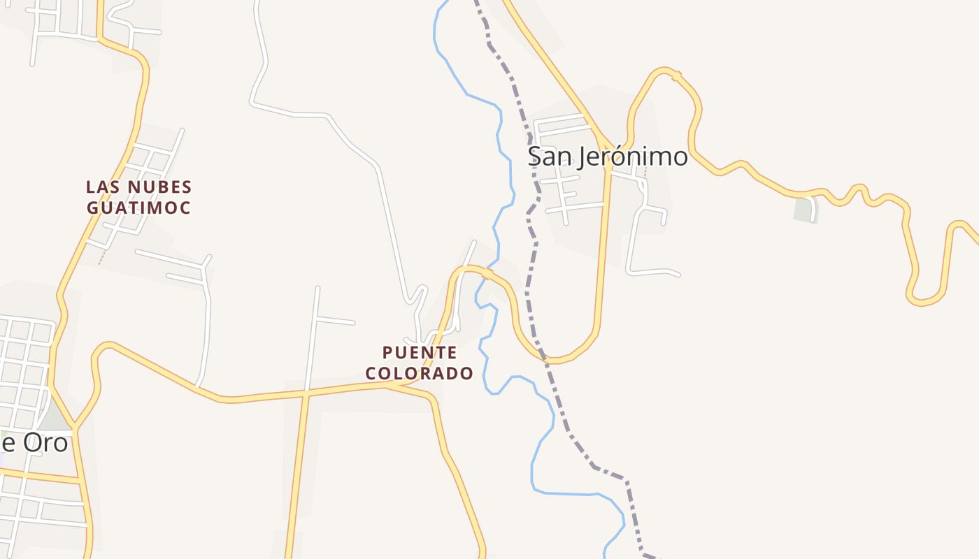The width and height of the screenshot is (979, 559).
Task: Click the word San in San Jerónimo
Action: click(550, 156)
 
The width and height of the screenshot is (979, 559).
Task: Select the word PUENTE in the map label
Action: click(420, 352)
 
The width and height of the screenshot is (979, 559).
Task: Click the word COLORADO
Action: click(420, 373)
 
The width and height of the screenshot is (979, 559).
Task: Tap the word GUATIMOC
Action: click(138, 208)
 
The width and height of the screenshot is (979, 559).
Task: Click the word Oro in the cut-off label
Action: click(45, 442)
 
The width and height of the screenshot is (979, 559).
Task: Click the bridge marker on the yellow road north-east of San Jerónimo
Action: click(676, 76)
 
